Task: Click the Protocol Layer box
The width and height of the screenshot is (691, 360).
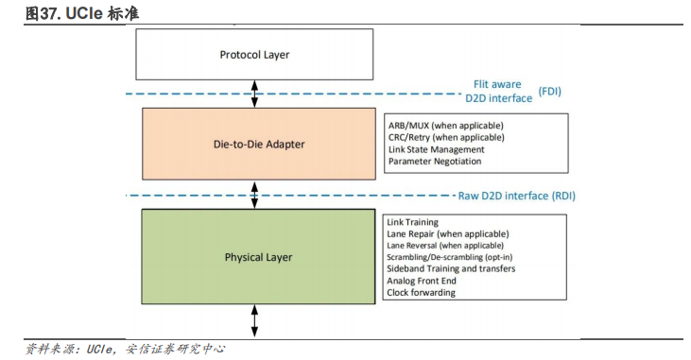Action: pos(254,55)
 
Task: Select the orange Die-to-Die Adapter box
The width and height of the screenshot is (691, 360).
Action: pos(258,144)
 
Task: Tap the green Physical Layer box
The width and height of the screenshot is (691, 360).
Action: pos(258,257)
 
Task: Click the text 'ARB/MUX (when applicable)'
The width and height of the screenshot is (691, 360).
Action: pos(445,126)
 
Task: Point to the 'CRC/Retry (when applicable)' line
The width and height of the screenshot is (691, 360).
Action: pos(445,138)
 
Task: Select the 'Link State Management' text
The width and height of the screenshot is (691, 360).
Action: pos(436,149)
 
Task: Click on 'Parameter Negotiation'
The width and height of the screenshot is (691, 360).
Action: pos(434,162)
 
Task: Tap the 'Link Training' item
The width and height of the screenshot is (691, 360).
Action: pos(413,222)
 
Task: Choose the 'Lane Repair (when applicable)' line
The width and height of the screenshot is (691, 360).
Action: pos(447,233)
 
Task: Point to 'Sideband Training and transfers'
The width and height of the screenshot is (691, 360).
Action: pos(451,269)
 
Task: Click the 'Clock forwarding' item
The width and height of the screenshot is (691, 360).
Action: pos(421,293)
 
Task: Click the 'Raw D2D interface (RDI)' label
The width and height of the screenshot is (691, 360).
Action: pos(516,196)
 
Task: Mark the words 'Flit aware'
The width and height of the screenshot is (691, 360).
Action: pos(498,83)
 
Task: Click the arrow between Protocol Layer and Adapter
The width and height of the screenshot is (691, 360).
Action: pos(254,94)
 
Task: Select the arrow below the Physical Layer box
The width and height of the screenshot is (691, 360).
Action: pos(254,319)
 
